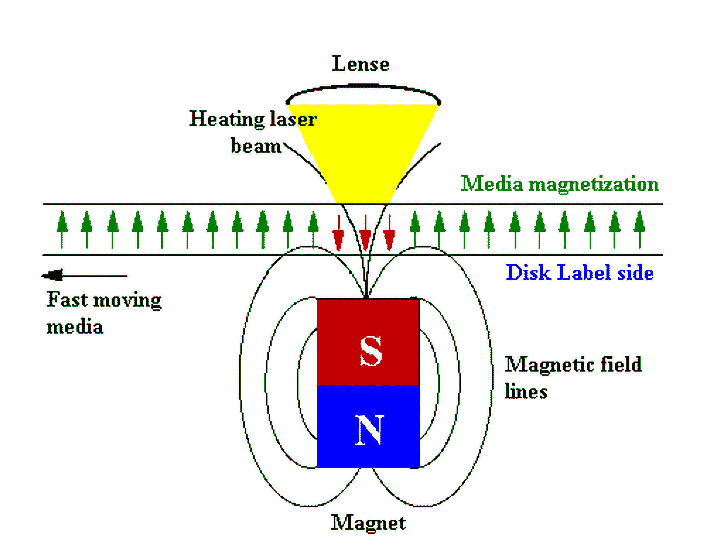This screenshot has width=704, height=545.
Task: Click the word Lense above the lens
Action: coord(361,64)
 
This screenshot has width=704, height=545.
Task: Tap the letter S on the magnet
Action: coord(371,351)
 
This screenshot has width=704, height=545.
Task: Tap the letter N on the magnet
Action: coord(369,430)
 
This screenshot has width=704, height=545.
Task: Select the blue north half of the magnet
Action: coord(368,427)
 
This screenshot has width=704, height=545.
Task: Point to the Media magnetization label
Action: coord(560,184)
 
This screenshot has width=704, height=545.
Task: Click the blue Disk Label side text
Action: coord(580,272)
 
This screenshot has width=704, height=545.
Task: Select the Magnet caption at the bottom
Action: coord(368,523)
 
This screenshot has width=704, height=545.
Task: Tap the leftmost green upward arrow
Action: coord(62,230)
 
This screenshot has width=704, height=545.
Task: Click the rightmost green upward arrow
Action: coord(640,230)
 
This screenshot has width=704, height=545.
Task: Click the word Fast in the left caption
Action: coord(67,300)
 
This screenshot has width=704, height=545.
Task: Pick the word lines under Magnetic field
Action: coord(526,391)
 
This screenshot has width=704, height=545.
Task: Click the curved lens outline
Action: coord(363,86)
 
